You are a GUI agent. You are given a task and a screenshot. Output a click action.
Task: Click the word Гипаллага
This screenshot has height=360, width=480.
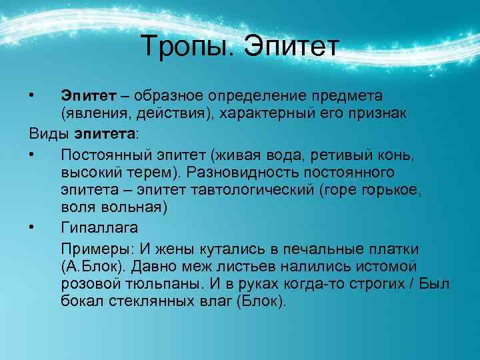click(99, 228)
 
